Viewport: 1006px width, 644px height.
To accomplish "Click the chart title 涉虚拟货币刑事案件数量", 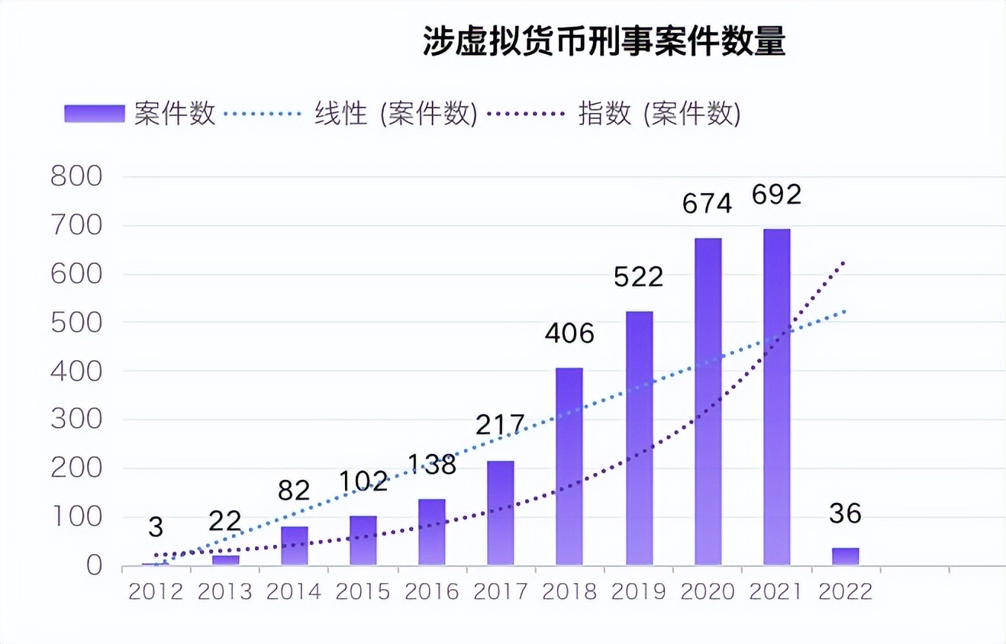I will pos(604,43).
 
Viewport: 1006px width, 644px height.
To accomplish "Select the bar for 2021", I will pos(777,397).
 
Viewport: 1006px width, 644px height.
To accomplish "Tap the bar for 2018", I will pos(569,466).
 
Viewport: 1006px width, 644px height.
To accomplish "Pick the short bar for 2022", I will pos(845,556).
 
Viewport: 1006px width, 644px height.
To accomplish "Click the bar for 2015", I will pos(363,540).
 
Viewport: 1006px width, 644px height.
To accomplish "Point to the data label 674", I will pos(707,204).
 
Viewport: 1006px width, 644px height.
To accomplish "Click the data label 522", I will pos(638,277).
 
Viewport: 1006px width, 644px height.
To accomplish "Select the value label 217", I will pos(500,425).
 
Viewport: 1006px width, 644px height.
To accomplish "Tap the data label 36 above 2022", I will pos(845,514).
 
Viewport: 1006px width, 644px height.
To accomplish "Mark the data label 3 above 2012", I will pos(156,527).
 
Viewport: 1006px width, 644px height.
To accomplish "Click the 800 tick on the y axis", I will pos(76,177).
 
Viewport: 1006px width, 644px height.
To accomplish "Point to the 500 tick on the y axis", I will pos(76,323).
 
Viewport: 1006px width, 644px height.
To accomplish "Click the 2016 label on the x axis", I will pos(431,592).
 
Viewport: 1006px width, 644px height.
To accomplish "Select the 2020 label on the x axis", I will pos(707,592).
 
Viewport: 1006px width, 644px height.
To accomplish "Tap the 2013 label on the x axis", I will pos(225,592).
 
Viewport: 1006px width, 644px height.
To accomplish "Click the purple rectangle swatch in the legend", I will pos(94,114).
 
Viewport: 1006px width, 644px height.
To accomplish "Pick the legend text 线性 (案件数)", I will pos(395,114).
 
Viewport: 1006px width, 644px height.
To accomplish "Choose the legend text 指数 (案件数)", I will pos(659,114).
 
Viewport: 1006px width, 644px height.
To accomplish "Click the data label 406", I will pos(569,333).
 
